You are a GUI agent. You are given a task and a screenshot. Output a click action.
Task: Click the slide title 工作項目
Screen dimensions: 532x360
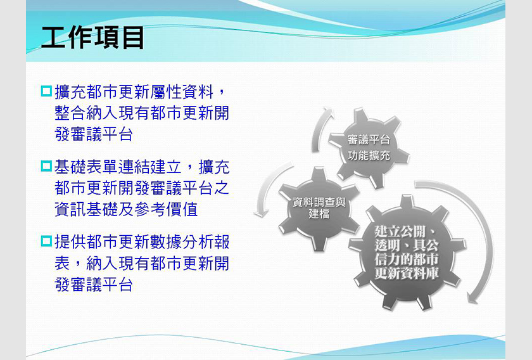pyautogui.click(x=92, y=37)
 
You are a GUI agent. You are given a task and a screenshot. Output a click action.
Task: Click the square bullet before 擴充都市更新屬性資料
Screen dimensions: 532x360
pyautogui.click(x=46, y=91)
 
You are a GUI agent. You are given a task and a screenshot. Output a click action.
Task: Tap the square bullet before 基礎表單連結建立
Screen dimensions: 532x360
pyautogui.click(x=46, y=166)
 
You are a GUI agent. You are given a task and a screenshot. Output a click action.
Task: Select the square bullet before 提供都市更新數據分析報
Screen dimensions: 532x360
pyautogui.click(x=46, y=241)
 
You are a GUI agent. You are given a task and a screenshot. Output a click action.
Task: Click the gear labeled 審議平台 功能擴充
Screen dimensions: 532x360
pyautogui.click(x=369, y=148)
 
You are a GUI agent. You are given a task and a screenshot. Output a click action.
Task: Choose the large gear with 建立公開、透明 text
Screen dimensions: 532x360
pyautogui.click(x=407, y=253)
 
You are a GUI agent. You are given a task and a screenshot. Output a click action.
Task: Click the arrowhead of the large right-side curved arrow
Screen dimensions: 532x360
pyautogui.click(x=472, y=297)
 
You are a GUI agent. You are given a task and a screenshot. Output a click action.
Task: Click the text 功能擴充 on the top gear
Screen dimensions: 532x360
pyautogui.click(x=369, y=155)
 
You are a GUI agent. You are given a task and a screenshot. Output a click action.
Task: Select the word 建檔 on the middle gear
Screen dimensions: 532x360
pyautogui.click(x=319, y=214)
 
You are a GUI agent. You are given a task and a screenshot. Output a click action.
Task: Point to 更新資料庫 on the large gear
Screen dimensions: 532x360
pyautogui.click(x=407, y=273)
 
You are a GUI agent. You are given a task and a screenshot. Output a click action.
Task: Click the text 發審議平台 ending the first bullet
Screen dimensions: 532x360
pyautogui.click(x=94, y=134)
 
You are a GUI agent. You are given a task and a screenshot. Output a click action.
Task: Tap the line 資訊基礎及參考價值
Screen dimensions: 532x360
pyautogui.click(x=126, y=209)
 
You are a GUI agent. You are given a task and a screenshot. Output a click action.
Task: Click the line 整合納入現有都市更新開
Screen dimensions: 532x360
pyautogui.click(x=142, y=113)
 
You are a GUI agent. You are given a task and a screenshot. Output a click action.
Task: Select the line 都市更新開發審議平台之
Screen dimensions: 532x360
pyautogui.click(x=142, y=188)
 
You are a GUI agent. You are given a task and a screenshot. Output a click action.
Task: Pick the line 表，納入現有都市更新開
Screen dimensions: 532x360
pyautogui.click(x=142, y=264)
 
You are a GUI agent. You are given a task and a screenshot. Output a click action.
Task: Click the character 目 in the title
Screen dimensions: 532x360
pyautogui.click(x=133, y=37)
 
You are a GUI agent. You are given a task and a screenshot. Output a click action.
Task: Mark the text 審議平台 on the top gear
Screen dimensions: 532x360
pyautogui.click(x=369, y=139)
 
